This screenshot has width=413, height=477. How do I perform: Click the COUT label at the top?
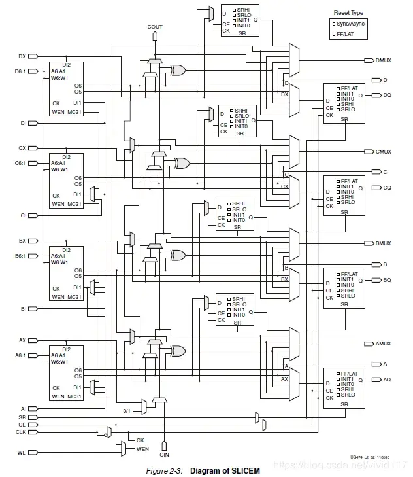pyautogui.click(x=155, y=27)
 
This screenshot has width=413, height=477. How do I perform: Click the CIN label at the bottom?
pyautogui.click(x=164, y=453)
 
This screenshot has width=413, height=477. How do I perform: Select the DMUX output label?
pyautogui.click(x=383, y=60)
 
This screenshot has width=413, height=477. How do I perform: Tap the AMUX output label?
pyautogui.click(x=383, y=343)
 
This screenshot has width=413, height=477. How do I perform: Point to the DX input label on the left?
pyautogui.click(x=22, y=56)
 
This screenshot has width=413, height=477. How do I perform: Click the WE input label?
pyautogui.click(x=21, y=452)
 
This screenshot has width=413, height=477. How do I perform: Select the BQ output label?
pyautogui.click(x=387, y=280)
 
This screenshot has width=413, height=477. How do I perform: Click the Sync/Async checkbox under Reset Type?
pyautogui.click(x=333, y=24)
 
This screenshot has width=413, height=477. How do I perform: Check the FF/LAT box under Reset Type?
pyautogui.click(x=333, y=34)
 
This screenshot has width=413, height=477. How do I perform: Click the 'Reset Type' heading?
pyautogui.click(x=348, y=12)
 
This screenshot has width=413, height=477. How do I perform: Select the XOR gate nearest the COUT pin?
pyautogui.click(x=176, y=69)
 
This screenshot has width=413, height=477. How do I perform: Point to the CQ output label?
pyautogui.click(x=387, y=187)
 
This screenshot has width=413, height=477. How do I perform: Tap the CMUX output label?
pyautogui.click(x=383, y=152)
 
